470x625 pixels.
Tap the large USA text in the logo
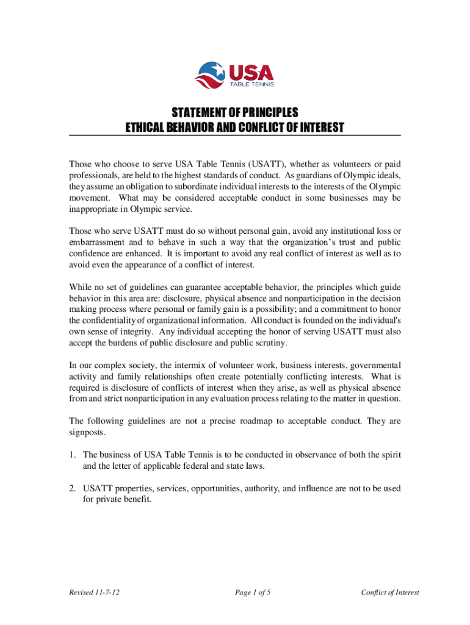click(251, 73)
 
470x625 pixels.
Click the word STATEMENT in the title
click(197, 113)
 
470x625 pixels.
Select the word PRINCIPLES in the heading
click(269, 113)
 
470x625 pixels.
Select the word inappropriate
click(95, 209)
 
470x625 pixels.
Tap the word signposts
click(87, 432)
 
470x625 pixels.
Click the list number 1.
click(71, 455)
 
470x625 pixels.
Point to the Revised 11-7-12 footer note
click(94, 592)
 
